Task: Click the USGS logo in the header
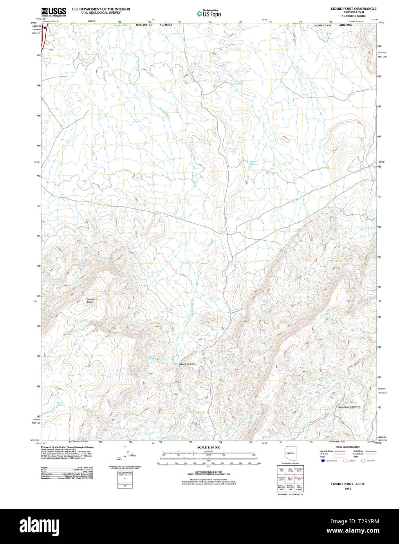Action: pyautogui.click(x=54, y=11)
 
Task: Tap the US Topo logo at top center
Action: pyautogui.click(x=209, y=14)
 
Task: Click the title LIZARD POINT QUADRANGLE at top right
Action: pyautogui.click(x=354, y=9)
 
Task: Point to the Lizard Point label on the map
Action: pyautogui.click(x=90, y=301)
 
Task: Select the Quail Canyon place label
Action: pyautogui.click(x=187, y=364)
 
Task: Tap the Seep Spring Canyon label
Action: pyautogui.click(x=349, y=407)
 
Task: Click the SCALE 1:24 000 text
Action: pyautogui.click(x=209, y=447)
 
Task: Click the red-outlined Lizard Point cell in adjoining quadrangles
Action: pyautogui.click(x=290, y=479)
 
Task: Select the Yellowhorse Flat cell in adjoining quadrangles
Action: pyautogui.click(x=299, y=479)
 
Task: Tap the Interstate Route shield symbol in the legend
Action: pyautogui.click(x=322, y=461)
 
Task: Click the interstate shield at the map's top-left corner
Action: pyautogui.click(x=46, y=28)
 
